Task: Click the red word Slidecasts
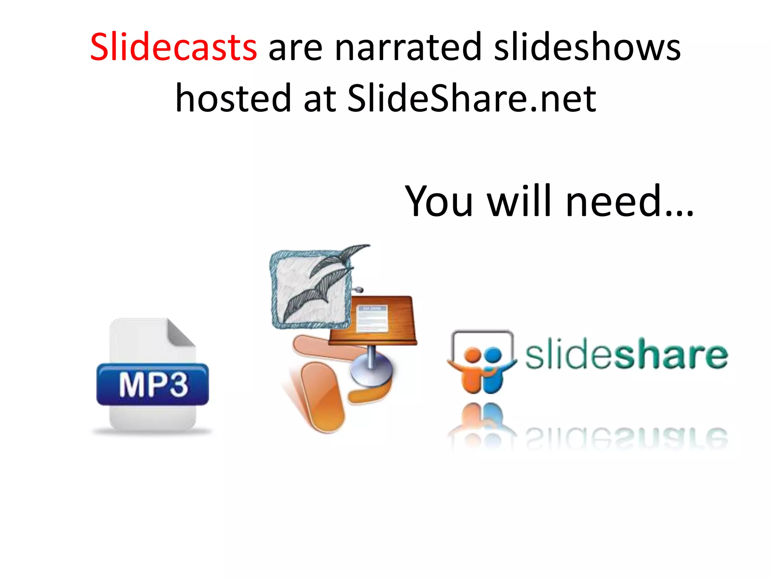click(x=174, y=47)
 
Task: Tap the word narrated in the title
click(x=408, y=47)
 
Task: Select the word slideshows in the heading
click(x=587, y=47)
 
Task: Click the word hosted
click(x=233, y=98)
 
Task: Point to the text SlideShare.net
click(x=472, y=98)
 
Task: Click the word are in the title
click(x=295, y=47)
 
